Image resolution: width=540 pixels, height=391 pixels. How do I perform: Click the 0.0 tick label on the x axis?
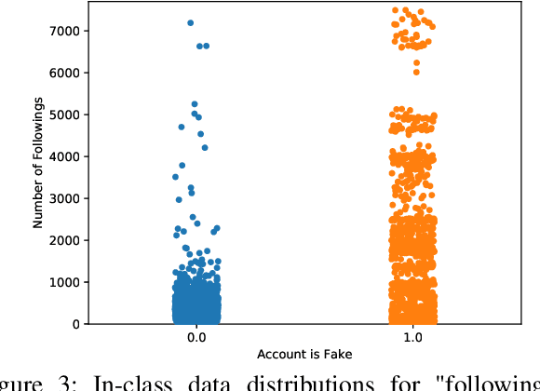pos(196,338)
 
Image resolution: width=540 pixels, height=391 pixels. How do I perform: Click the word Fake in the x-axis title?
pos(340,356)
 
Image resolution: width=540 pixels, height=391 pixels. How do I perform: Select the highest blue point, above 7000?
pos(191,22)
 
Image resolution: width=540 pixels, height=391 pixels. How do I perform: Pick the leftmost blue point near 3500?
pos(175,177)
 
